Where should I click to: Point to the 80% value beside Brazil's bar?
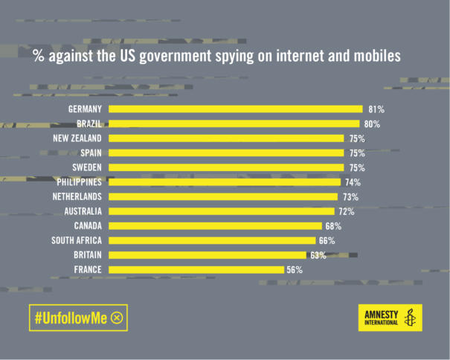(373, 124)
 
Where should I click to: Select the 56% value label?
(295, 270)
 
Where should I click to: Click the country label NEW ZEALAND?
(77, 138)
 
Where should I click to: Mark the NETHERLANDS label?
(77, 196)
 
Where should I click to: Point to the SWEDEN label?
(86, 167)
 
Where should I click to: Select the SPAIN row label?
(90, 153)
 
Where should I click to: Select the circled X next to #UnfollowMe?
(117, 318)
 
